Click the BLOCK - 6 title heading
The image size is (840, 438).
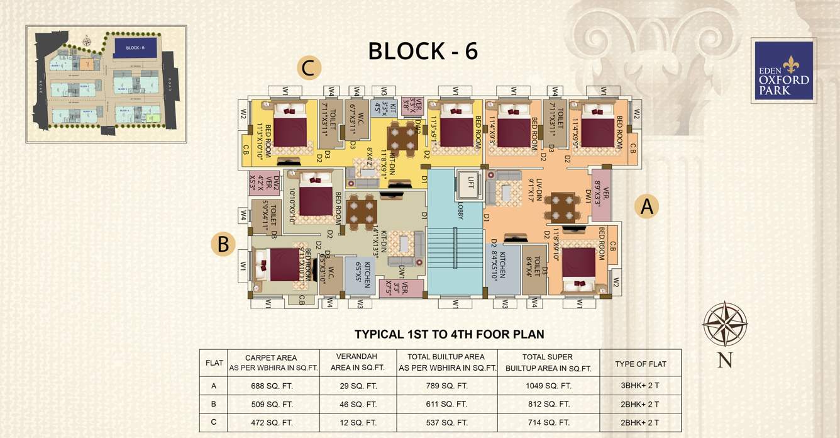(x=423, y=51)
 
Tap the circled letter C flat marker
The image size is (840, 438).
(x=307, y=68)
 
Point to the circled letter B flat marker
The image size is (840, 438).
(x=223, y=244)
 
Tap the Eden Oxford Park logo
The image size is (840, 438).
(x=783, y=70)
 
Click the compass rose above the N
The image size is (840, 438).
(x=724, y=324)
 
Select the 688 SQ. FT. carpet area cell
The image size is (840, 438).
(x=273, y=386)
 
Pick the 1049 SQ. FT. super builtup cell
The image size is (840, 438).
(x=548, y=386)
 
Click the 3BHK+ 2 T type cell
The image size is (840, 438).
(x=640, y=386)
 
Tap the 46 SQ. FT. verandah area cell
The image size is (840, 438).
(x=357, y=404)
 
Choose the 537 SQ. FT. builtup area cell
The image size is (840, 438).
(x=447, y=422)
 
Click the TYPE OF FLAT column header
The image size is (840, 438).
(x=640, y=363)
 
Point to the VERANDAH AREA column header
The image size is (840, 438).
(x=357, y=362)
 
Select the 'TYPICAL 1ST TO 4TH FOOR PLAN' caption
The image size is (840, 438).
(x=449, y=334)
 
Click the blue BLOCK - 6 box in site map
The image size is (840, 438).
(x=135, y=48)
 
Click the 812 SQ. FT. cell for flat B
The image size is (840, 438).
(x=548, y=404)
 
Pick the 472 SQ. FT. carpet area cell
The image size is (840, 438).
(x=273, y=422)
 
